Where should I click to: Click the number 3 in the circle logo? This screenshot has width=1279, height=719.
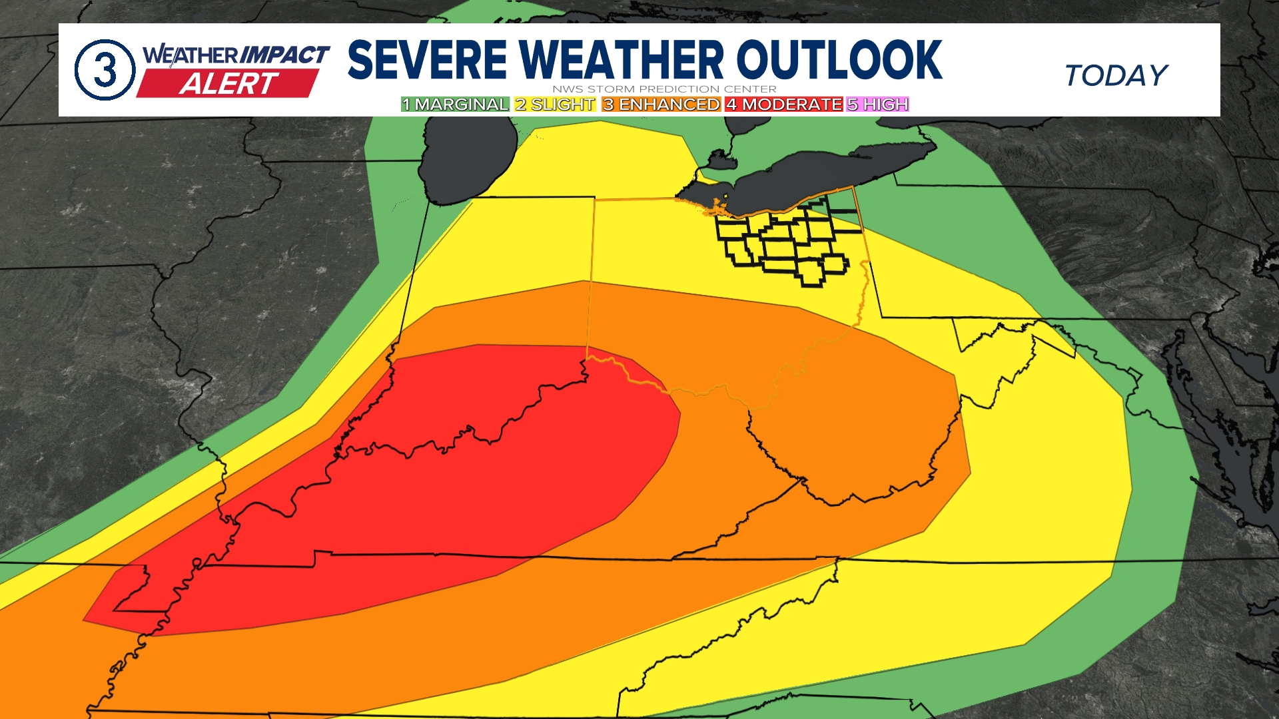point(105,70)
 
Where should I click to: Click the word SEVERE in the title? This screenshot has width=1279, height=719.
point(427,60)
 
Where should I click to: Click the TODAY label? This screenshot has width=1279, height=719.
point(1116,75)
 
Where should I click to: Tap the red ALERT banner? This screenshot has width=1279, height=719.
point(228,84)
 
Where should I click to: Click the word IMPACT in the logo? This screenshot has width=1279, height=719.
point(284,55)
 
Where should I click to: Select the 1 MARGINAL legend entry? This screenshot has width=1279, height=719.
point(455,105)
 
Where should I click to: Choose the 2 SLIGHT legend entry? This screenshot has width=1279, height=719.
point(555,105)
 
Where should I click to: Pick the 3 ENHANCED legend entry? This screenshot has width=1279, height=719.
point(661,105)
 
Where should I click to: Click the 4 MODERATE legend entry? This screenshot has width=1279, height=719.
point(784,105)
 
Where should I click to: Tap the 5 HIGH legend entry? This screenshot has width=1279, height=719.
point(878,105)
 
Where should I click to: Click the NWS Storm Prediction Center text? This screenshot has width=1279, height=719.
point(664,89)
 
